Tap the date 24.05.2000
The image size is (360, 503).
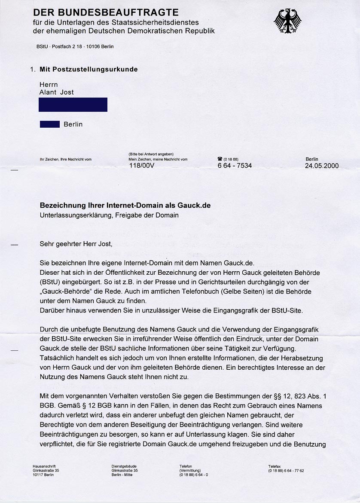tap(322, 166)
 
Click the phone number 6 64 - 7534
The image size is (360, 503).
tap(235, 166)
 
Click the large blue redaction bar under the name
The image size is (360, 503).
tap(73, 104)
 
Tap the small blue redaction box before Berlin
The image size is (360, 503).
tap(49, 124)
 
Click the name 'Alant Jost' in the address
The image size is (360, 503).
tap(57, 92)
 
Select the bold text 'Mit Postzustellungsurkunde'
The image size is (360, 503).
tap(88, 69)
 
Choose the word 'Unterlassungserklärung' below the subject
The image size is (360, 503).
tap(73, 215)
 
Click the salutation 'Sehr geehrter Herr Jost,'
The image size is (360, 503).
tap(76, 244)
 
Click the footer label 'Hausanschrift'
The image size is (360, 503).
tap(44, 466)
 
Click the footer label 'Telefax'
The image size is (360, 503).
tap(275, 466)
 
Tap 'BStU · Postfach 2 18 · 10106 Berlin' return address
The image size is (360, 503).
tap(75, 46)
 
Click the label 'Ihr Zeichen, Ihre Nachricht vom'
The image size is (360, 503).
tap(66, 159)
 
